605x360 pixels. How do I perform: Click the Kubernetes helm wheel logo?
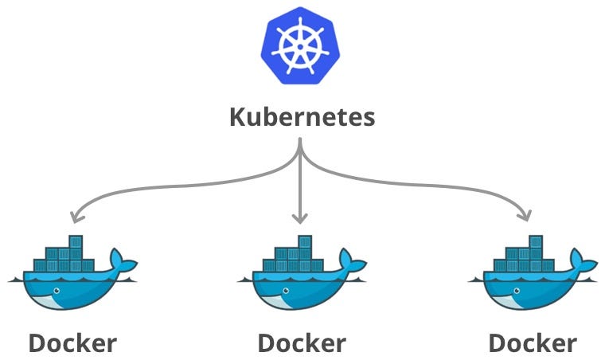tap(302, 46)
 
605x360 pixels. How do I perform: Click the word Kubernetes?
tap(302, 118)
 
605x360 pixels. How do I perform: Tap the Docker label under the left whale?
tap(72, 343)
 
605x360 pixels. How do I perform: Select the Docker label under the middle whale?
tap(302, 343)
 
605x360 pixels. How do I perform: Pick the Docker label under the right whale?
tap(532, 343)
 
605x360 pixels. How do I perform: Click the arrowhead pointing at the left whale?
tap(73, 216)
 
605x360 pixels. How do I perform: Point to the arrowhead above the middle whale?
tap(300, 217)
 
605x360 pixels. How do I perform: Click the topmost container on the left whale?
tap(76, 242)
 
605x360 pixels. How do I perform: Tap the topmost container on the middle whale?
tap(305, 242)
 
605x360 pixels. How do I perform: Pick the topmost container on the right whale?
tap(536, 242)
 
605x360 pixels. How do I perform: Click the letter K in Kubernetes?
tap(237, 118)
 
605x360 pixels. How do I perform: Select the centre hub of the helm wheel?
tap(302, 46)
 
